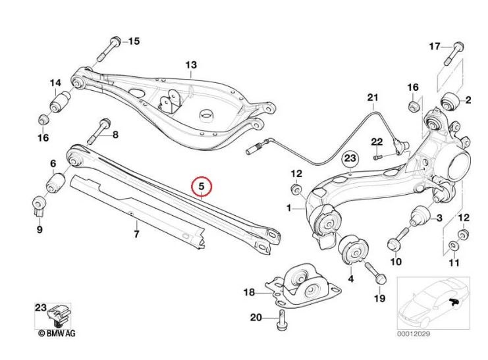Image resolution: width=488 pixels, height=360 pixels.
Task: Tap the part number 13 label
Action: (x=191, y=65)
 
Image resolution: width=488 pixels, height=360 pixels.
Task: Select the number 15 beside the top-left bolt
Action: (x=134, y=41)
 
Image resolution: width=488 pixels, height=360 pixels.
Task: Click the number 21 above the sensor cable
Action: (x=373, y=100)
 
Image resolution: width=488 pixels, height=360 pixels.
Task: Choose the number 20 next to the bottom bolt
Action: (x=256, y=318)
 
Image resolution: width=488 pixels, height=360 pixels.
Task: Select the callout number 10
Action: (x=395, y=262)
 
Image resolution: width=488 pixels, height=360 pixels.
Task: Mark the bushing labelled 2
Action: (x=450, y=101)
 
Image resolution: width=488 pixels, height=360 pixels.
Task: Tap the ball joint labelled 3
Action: (x=416, y=214)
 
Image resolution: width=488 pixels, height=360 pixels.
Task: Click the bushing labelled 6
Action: (x=55, y=180)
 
